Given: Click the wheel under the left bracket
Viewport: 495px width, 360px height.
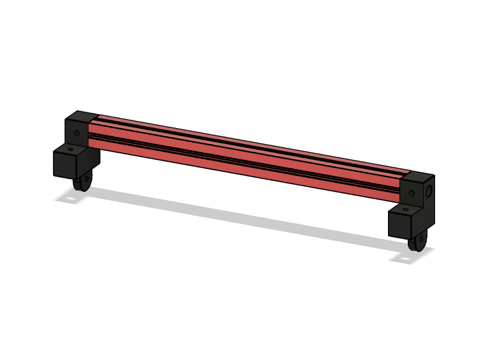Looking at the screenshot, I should point(81,183).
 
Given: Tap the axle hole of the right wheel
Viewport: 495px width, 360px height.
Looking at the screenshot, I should point(419,244).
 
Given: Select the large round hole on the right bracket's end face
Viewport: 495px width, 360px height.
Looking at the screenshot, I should point(429,190).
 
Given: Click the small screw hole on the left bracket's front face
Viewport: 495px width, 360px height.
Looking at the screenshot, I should point(76,133).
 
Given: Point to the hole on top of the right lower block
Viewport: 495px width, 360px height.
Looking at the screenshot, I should point(406,208).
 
